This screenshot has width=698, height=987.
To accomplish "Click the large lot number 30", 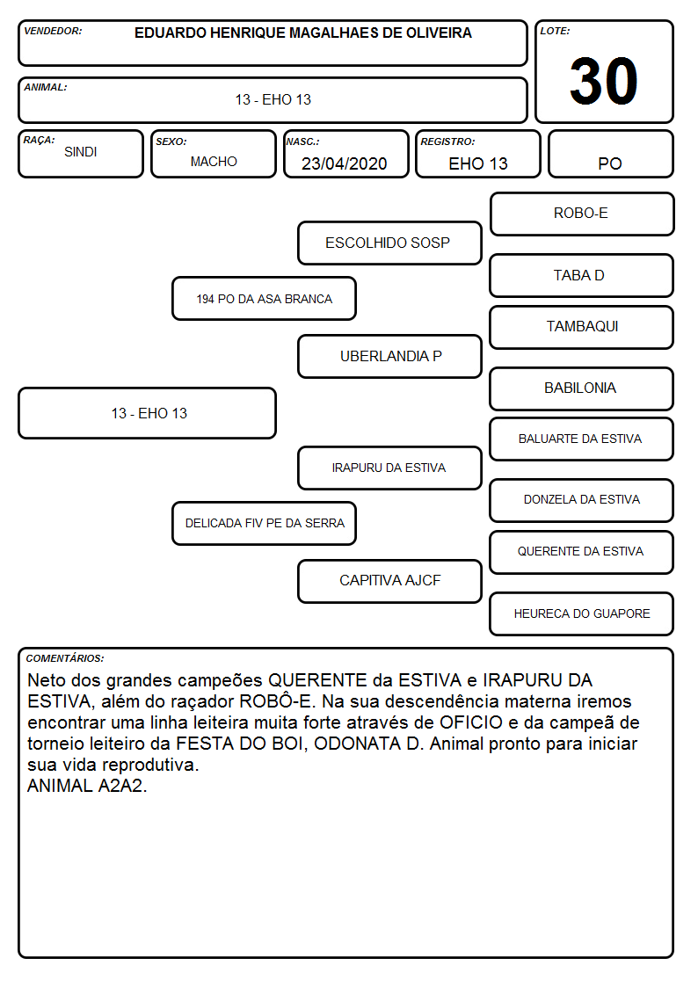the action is coord(604,81).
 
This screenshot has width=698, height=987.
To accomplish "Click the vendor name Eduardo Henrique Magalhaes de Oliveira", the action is coord(302,33).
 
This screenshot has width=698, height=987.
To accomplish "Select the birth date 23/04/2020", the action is coord(344,163).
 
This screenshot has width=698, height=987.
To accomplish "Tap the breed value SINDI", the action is coord(81,152).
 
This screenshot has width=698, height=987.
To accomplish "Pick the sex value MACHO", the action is coord(214,162).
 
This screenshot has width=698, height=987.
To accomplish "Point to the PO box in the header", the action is coord(610,154).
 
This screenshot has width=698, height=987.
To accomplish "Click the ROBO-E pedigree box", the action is coord(582,214).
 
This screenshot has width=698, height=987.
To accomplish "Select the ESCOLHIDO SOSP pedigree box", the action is coord(389,243).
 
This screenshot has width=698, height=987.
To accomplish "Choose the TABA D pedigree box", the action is coord(582,276).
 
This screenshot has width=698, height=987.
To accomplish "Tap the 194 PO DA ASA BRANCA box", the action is coord(265,299).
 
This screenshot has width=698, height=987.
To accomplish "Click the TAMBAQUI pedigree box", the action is coord(582,327).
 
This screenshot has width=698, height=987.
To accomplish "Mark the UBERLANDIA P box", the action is coord(389,356).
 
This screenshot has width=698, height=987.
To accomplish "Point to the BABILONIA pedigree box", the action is coord(582,388).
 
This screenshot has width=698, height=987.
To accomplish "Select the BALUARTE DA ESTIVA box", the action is coord(582,439).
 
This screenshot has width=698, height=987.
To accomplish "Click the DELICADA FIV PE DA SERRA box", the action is coord(265,523).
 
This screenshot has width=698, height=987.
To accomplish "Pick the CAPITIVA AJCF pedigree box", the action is coord(389,581).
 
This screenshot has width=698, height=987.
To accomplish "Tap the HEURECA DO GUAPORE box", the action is coord(582,613).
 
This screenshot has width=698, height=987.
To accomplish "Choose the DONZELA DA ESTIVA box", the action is coord(582,500).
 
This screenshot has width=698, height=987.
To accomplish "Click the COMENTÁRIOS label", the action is coord(65,658).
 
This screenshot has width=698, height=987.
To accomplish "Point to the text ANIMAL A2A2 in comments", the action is coord(87,787).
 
